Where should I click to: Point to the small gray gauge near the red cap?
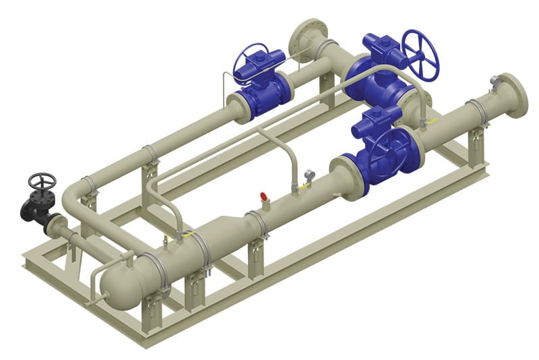pos(308,175)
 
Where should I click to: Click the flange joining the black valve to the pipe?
pos(57,227)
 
